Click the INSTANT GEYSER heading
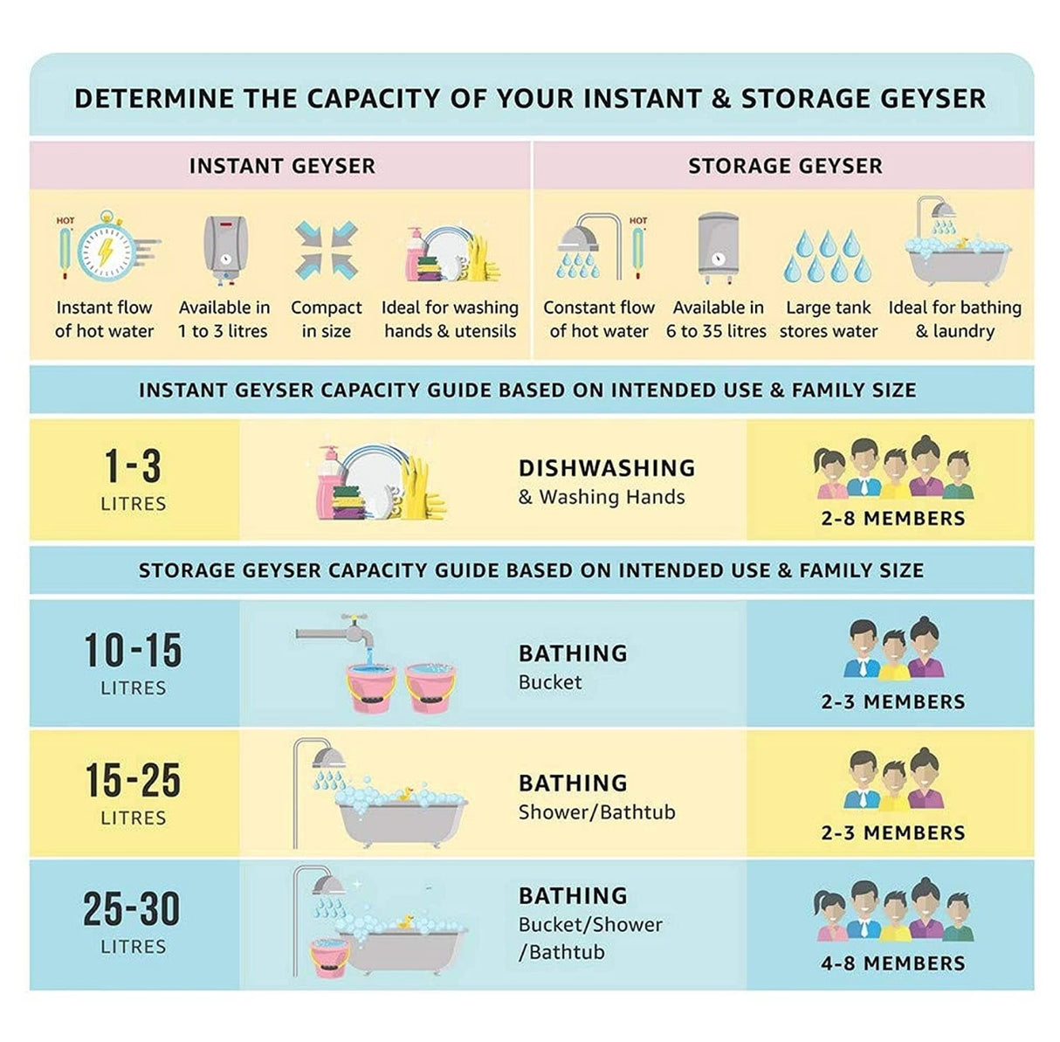282,166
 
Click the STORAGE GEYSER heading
785,166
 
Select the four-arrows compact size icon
327,251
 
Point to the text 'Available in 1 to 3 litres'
224,320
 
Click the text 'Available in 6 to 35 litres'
716,320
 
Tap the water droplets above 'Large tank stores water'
828,256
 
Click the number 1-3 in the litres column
133,466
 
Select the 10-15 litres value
133,650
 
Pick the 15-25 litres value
133,781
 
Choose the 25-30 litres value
132,908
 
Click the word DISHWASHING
607,468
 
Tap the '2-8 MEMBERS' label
892,519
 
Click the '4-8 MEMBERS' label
892,963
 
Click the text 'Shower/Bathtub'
597,812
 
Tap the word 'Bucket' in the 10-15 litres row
550,682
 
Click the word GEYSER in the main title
933,99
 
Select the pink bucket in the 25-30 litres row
329,957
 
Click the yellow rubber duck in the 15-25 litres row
405,793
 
